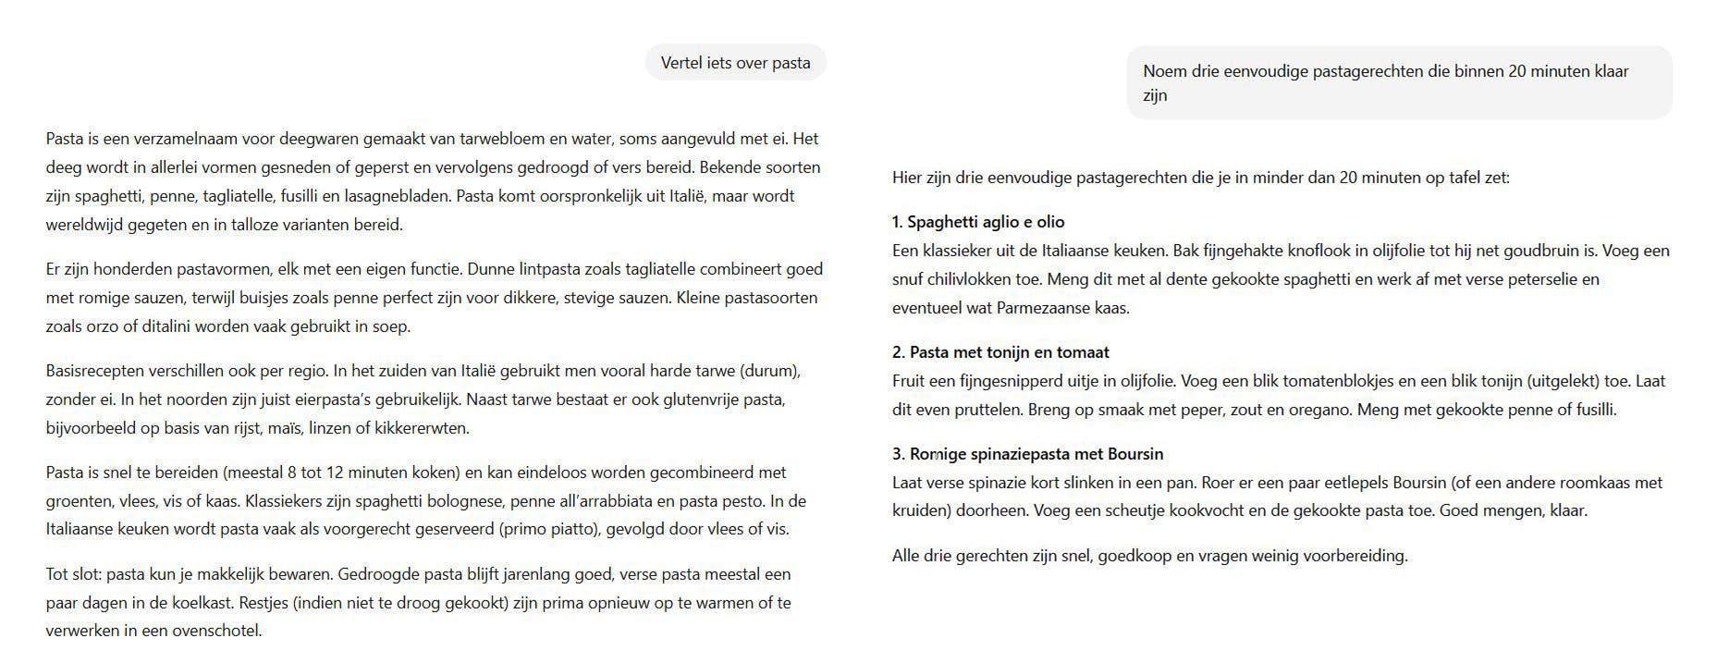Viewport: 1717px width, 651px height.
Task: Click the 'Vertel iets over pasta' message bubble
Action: tap(735, 63)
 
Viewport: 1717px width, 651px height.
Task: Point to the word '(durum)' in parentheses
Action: tap(769, 371)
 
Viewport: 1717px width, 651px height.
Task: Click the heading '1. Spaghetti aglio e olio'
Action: tap(978, 222)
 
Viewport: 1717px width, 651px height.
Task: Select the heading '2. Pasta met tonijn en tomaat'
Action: tap(1000, 352)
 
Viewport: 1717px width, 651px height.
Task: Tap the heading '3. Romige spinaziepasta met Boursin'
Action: tap(1027, 454)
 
